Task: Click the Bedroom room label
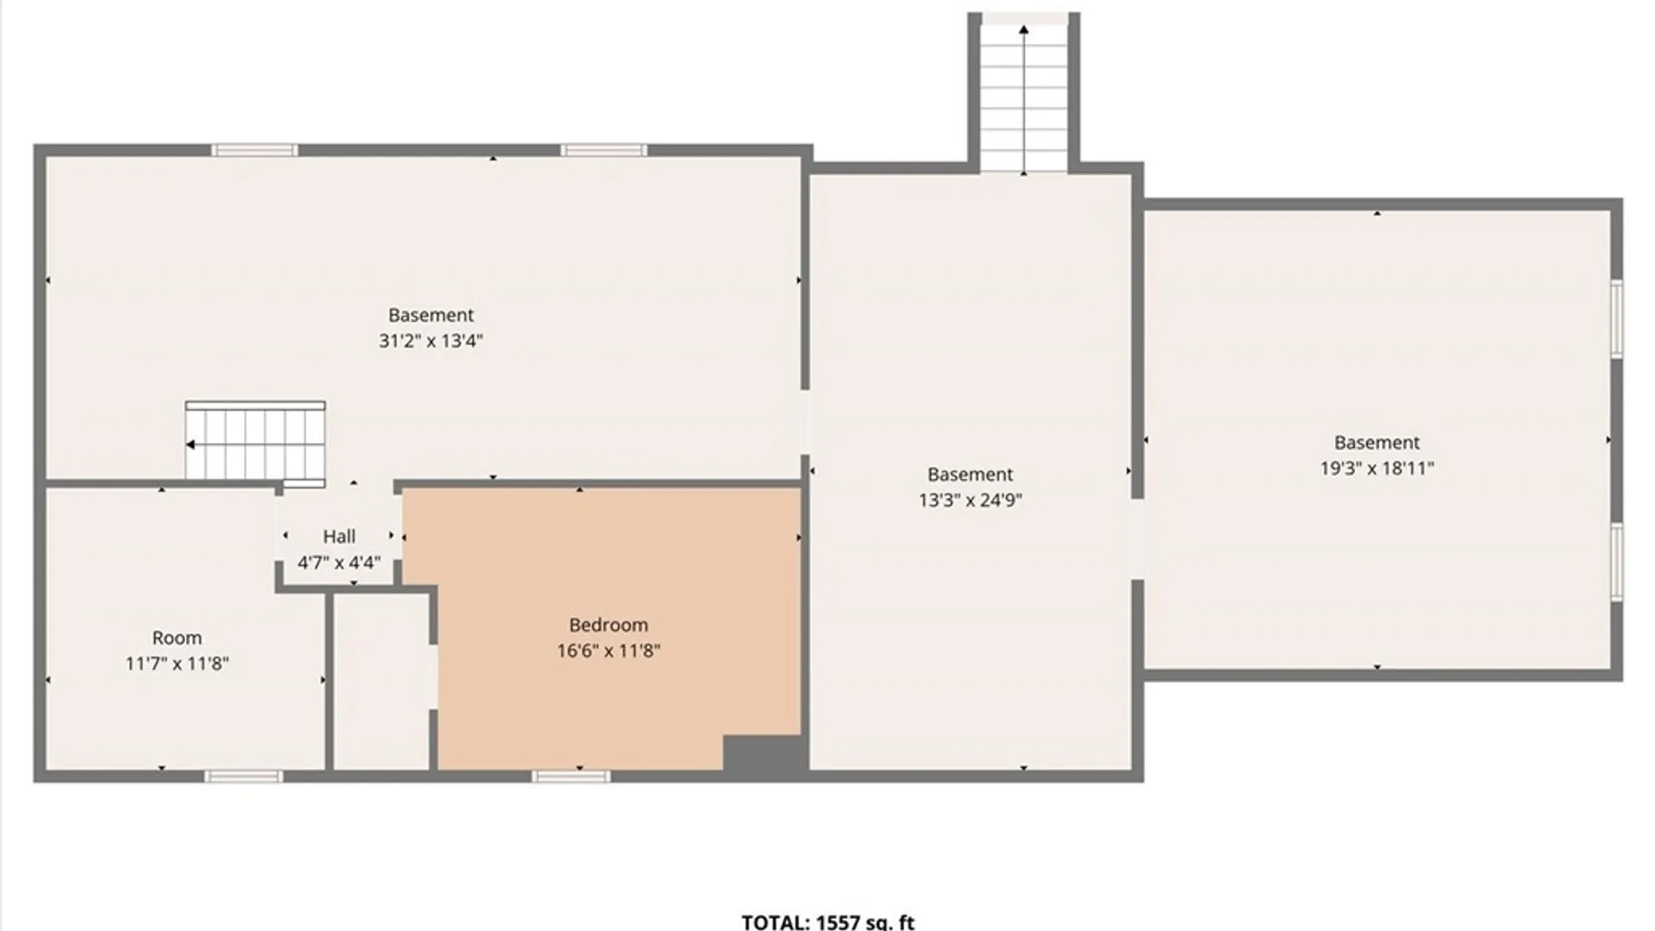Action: (608, 625)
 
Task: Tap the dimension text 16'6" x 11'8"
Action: (608, 651)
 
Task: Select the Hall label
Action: (339, 536)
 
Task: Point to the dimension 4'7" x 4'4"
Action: (339, 563)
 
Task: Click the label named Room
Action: (177, 638)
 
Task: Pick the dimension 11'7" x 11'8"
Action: (177, 664)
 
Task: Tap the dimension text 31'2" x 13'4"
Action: (430, 341)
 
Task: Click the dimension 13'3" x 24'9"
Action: (970, 500)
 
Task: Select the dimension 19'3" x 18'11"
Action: (1377, 468)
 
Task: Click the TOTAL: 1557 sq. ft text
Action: (827, 922)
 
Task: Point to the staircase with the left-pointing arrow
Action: (255, 441)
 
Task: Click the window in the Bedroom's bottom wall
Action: (571, 777)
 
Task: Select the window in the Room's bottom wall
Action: (243, 777)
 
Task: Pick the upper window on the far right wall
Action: (1617, 318)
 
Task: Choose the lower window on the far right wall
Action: (1617, 562)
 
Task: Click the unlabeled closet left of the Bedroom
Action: (381, 681)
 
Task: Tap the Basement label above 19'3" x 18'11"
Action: (1377, 442)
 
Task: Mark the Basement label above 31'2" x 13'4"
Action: (430, 315)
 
